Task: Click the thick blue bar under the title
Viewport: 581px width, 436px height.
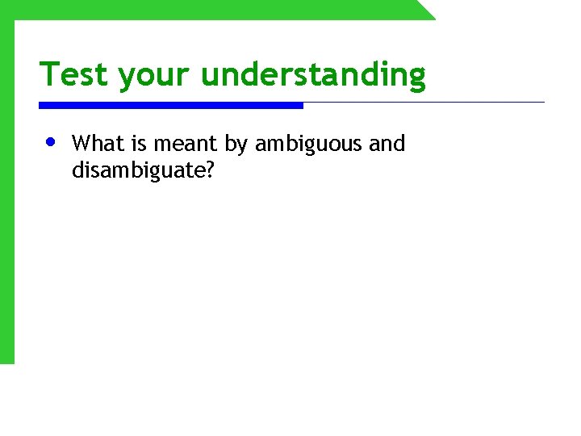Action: (171, 105)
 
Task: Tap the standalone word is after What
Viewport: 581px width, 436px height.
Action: (138, 144)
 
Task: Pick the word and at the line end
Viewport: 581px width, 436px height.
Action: (387, 144)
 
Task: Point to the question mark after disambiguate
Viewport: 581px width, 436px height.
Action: (210, 170)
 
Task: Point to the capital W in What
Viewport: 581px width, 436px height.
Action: (80, 144)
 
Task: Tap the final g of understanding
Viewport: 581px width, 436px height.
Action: (416, 78)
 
